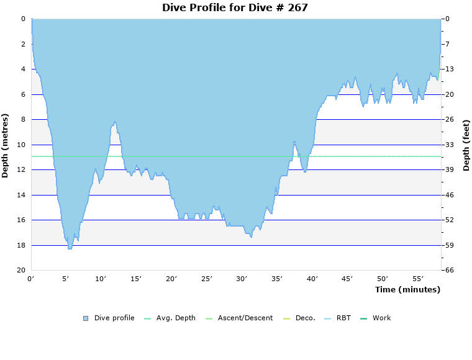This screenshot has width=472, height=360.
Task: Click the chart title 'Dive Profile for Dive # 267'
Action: tap(235, 7)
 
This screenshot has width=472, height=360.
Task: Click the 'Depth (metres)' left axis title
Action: tap(6, 145)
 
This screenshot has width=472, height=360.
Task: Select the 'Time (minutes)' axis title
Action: tap(407, 289)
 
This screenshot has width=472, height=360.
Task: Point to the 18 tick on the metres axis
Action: tap(22, 245)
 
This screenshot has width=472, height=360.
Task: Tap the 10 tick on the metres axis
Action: tap(22, 145)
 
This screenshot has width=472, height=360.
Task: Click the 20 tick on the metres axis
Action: tap(22, 271)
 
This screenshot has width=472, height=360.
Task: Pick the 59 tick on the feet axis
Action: tap(449, 245)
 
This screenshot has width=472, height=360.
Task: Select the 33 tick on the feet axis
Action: tap(449, 145)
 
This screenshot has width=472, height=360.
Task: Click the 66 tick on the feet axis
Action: tap(449, 271)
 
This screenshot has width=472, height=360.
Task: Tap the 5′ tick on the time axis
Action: tap(66, 279)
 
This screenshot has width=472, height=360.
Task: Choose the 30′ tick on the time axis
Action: tap(242, 279)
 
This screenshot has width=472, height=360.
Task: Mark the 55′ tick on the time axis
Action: tap(417, 279)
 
